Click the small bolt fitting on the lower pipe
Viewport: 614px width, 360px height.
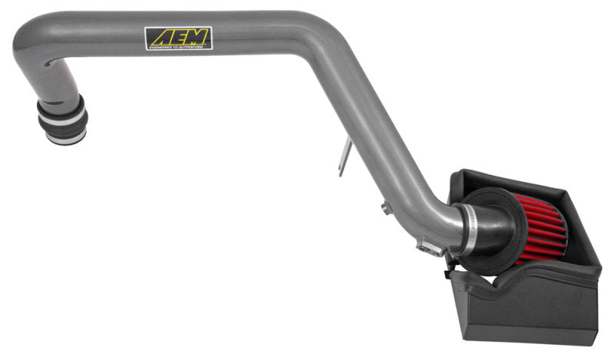tap(384, 205)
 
